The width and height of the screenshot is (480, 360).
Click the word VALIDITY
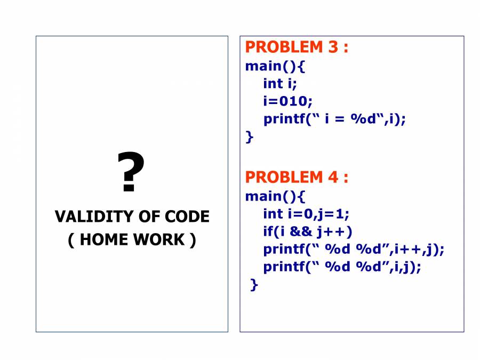(94, 217)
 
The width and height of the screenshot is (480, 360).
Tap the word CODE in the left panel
(187, 217)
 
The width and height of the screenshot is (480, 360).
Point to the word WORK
(159, 239)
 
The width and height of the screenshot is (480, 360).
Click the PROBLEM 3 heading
(297, 47)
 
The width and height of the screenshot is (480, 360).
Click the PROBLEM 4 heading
(297, 177)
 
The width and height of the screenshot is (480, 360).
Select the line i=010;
(288, 101)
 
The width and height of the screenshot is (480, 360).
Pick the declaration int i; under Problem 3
(280, 84)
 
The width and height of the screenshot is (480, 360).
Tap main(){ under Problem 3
(275, 66)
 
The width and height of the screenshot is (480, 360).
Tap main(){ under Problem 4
(275, 196)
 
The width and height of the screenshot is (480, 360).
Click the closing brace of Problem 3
(250, 137)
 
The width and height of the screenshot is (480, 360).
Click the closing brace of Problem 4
(254, 285)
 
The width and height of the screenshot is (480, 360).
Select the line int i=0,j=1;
(306, 214)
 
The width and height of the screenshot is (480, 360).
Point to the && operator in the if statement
(301, 231)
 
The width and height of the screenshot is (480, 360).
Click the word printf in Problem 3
(284, 119)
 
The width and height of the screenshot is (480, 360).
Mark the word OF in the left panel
(149, 217)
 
